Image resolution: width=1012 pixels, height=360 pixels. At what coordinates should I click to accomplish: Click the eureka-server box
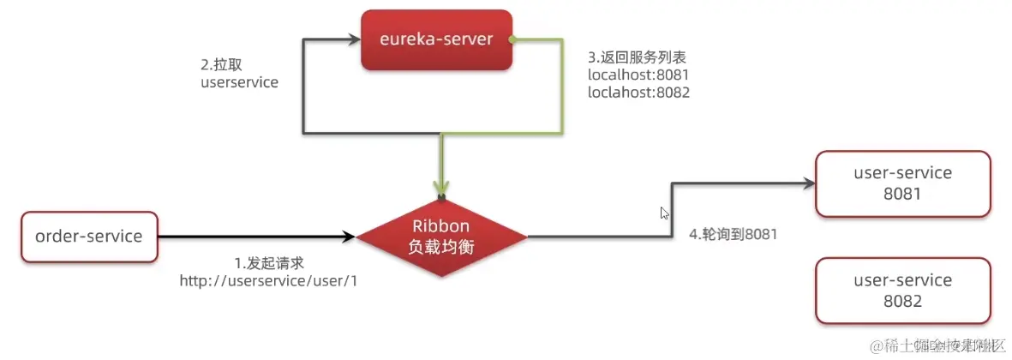click(437, 40)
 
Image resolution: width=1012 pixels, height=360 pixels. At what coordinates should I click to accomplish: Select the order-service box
click(89, 237)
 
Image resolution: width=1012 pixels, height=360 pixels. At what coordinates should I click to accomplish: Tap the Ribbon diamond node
click(441, 237)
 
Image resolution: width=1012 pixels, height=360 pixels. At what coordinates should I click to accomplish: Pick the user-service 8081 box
click(902, 183)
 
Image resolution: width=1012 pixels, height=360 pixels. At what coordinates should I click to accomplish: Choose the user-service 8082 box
click(902, 291)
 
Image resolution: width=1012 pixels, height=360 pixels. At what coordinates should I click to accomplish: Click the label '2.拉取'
click(219, 65)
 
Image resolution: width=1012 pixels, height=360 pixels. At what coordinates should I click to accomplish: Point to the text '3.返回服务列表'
click(637, 57)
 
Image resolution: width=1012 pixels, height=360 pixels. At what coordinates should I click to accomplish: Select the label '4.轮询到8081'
click(734, 233)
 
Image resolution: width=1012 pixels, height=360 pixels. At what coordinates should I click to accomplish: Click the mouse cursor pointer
click(664, 213)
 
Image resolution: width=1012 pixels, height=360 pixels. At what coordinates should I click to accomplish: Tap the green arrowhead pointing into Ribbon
click(441, 189)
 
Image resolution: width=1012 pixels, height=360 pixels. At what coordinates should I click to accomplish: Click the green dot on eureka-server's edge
click(512, 39)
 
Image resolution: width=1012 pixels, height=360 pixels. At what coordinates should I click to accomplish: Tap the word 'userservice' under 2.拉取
click(239, 83)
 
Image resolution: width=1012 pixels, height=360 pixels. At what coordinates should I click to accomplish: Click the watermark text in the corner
click(936, 345)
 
